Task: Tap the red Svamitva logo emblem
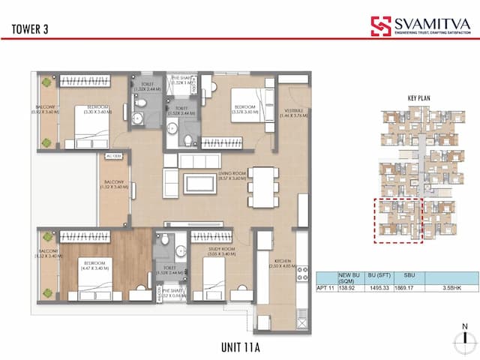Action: (381, 27)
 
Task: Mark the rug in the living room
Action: (199, 184)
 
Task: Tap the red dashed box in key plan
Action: (398, 220)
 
